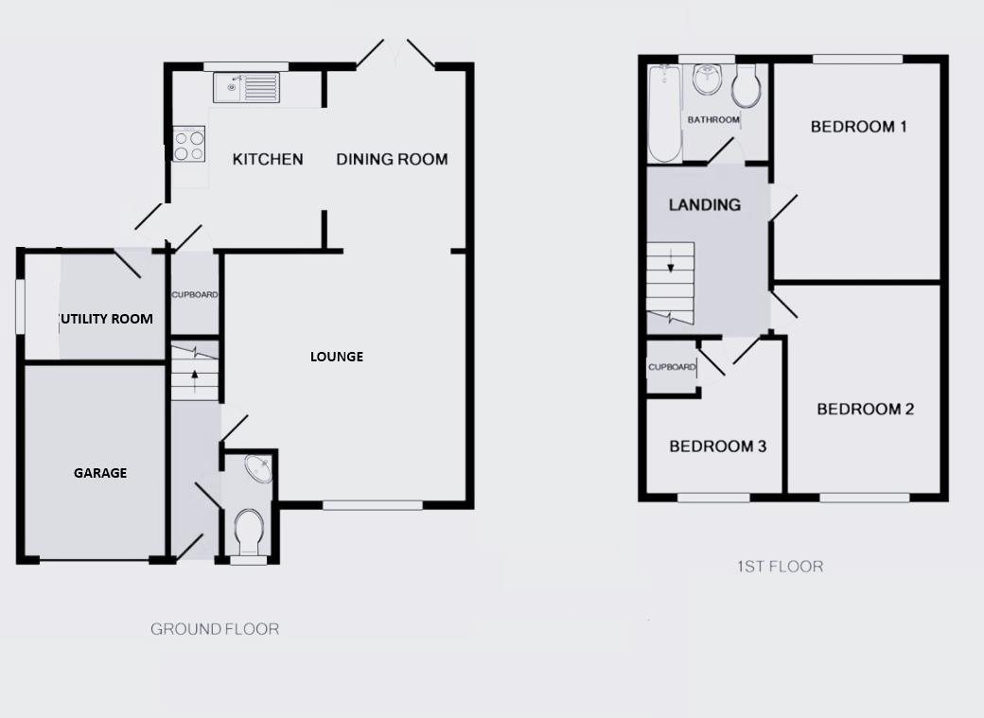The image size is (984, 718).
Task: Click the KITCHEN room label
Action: tap(268, 159)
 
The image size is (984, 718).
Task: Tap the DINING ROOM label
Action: tap(392, 159)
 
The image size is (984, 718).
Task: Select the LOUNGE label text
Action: tap(337, 357)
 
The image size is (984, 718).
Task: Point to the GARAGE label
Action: tap(100, 473)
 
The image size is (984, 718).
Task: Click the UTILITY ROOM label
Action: tap(106, 319)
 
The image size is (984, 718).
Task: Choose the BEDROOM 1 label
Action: tap(858, 127)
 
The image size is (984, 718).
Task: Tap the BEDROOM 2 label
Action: tap(865, 410)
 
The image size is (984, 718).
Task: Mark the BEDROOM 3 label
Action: tap(717, 447)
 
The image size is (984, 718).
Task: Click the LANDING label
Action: tap(704, 204)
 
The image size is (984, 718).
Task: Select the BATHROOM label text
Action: tap(713, 120)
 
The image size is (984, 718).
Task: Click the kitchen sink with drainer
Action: tap(247, 88)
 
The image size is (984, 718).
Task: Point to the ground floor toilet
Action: tap(249, 533)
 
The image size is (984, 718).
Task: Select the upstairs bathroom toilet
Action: tap(747, 87)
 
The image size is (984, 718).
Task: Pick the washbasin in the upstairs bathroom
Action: tap(706, 80)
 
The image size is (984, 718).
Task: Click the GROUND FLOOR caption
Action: tap(215, 629)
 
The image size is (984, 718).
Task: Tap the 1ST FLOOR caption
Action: tap(780, 567)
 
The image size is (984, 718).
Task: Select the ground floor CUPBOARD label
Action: tap(195, 295)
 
